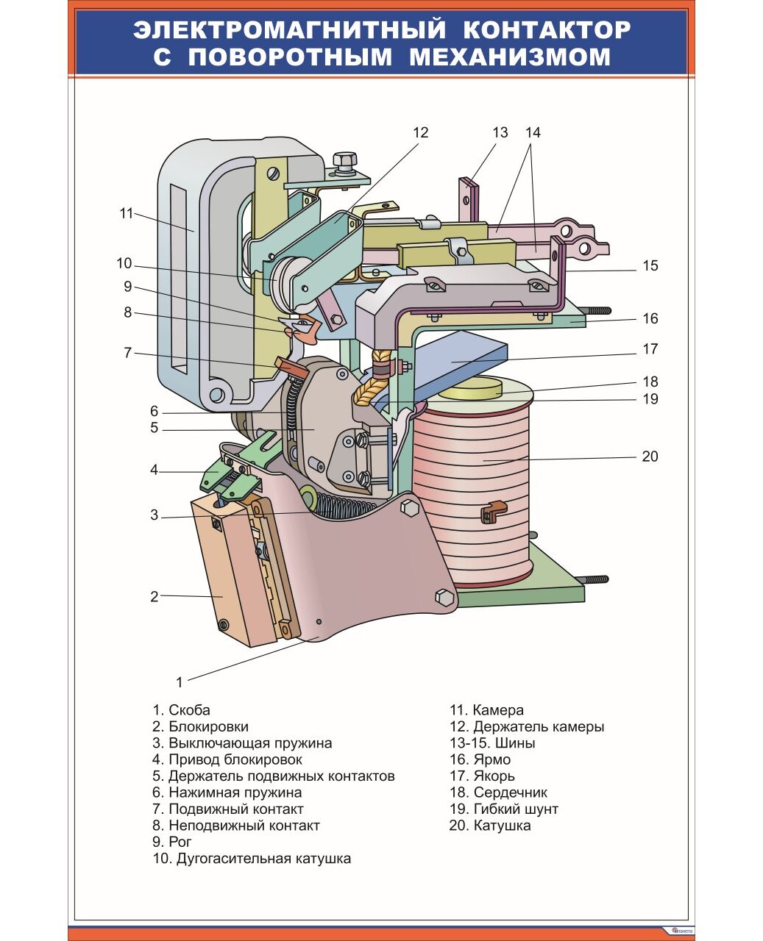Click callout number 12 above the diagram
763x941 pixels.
(420, 132)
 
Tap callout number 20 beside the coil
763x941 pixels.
(650, 457)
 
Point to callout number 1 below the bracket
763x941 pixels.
(179, 682)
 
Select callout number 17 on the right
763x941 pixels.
(650, 349)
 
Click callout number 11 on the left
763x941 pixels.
(127, 213)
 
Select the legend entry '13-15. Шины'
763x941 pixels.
(492, 743)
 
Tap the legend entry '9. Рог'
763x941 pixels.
(172, 842)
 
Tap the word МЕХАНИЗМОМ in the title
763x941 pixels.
(510, 57)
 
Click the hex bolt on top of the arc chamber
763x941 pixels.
(344, 161)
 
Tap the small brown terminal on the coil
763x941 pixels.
(492, 511)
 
